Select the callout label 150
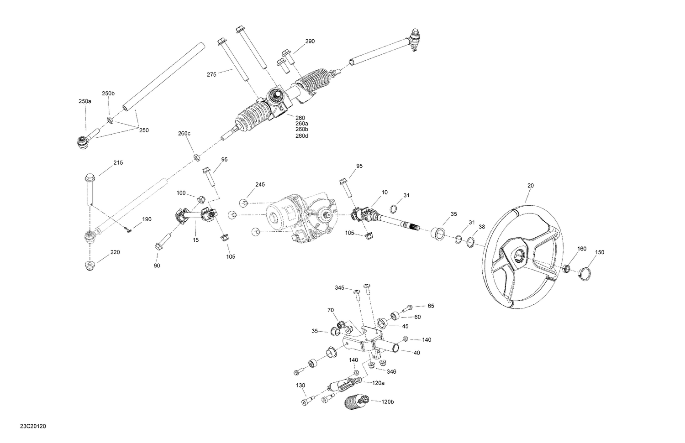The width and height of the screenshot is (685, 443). [x=600, y=252]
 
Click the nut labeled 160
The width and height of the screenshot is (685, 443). [x=565, y=268]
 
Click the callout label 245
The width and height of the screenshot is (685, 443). [x=260, y=184]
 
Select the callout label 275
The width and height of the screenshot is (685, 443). [x=211, y=74]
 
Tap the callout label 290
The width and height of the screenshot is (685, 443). [x=310, y=41]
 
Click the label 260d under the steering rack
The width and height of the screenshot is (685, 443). [x=302, y=136]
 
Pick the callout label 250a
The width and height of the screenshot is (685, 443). [x=84, y=101]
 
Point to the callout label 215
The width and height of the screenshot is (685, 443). [x=118, y=162]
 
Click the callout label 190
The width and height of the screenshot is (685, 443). [x=146, y=219]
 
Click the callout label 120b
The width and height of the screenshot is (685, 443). [x=388, y=401]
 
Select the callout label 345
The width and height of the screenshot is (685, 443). [x=339, y=288]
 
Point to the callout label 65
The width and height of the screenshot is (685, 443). [x=431, y=306]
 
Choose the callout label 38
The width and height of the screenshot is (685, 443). [x=482, y=226]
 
